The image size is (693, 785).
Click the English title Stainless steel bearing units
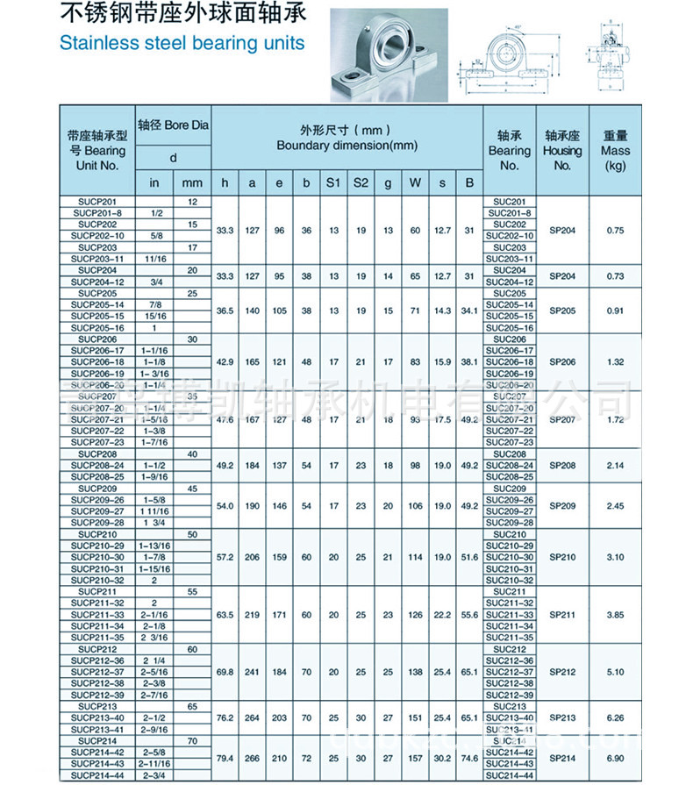(182, 42)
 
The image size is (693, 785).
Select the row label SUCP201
(96, 202)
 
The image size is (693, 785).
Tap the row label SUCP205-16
(98, 327)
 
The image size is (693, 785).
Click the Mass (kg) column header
(615, 150)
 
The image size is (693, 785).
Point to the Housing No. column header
(562, 150)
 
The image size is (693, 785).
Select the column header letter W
(415, 182)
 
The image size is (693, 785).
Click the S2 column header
(361, 182)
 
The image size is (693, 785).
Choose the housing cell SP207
(562, 419)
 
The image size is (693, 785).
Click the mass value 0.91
(615, 310)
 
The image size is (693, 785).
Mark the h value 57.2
(225, 558)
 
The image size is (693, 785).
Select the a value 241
(253, 672)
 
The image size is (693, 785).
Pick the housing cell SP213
(562, 717)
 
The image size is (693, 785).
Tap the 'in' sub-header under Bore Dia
(155, 182)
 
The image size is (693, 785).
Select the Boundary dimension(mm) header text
(346, 146)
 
